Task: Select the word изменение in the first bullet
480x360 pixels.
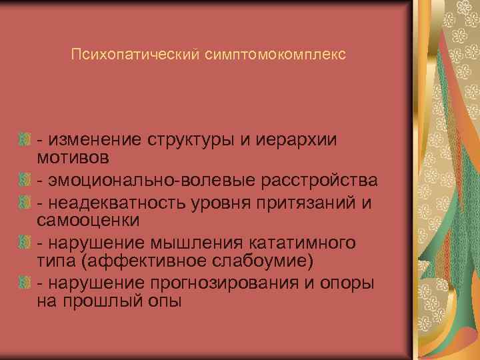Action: pos(93,139)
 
